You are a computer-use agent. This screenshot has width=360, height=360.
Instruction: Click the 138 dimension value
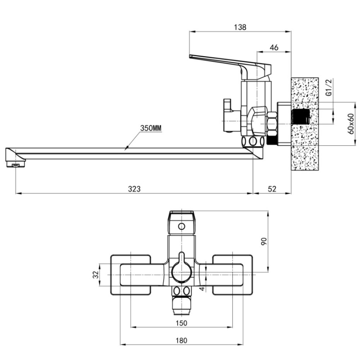tap(240, 27)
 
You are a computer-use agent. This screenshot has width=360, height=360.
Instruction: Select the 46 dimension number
tap(274, 48)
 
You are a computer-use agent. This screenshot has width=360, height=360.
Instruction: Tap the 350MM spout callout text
tap(151, 128)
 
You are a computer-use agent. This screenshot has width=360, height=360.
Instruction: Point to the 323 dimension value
tap(134, 189)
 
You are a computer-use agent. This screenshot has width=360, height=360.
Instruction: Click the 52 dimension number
tap(272, 189)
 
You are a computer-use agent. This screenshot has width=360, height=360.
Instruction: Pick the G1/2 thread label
tap(329, 87)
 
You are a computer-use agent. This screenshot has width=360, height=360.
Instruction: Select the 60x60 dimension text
tap(351, 124)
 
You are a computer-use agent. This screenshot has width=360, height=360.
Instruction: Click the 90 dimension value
tap(264, 241)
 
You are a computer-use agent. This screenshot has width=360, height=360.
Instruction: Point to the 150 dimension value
tap(181, 323)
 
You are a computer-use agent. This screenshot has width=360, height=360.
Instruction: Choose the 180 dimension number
tap(181, 340)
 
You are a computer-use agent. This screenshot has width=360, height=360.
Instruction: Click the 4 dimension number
tap(202, 288)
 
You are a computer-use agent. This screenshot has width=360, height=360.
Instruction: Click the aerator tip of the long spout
tap(15, 165)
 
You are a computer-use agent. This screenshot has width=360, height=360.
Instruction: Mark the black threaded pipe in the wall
tap(300, 117)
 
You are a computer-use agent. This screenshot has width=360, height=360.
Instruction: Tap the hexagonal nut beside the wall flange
tap(272, 124)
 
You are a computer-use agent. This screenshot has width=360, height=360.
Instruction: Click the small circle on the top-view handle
tap(181, 226)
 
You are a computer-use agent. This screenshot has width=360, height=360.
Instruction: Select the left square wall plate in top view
tap(131, 275)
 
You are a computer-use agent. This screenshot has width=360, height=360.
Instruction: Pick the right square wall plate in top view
tap(232, 275)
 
